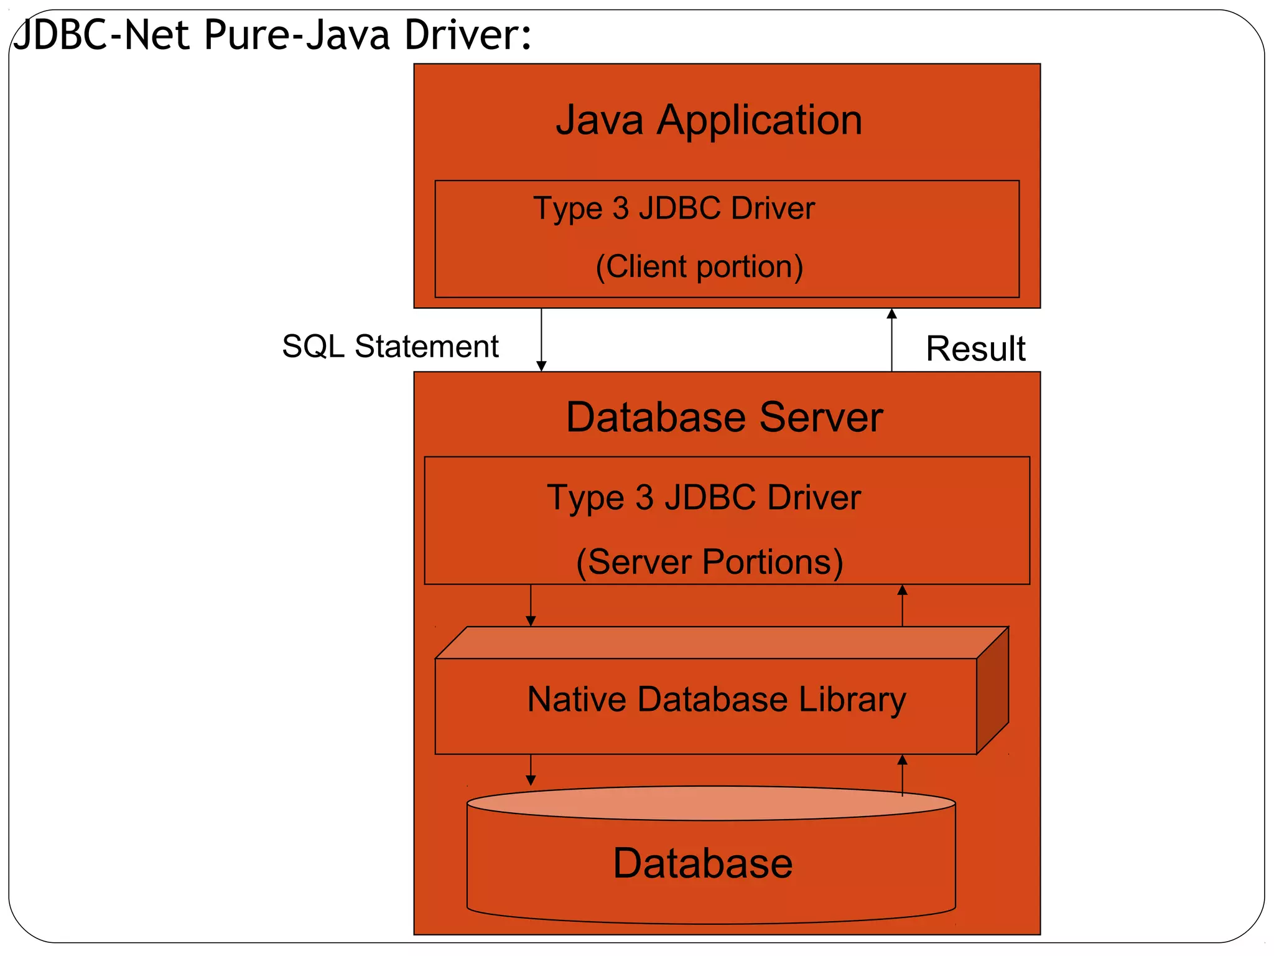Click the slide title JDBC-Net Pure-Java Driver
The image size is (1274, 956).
272,35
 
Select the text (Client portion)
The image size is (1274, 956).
699,266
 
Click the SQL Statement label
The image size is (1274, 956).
390,346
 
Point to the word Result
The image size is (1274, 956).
975,349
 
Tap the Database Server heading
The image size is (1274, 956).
724,417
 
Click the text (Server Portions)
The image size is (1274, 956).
709,562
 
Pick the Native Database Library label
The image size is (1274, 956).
716,700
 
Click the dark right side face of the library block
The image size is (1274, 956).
992,691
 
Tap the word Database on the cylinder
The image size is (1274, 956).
703,863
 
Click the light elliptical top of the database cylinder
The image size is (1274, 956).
709,803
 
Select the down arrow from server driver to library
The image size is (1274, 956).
531,606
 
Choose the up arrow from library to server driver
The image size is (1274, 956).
902,606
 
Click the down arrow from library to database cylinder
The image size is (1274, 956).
531,770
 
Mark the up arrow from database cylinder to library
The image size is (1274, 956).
902,775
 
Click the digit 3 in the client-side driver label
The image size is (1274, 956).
620,209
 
